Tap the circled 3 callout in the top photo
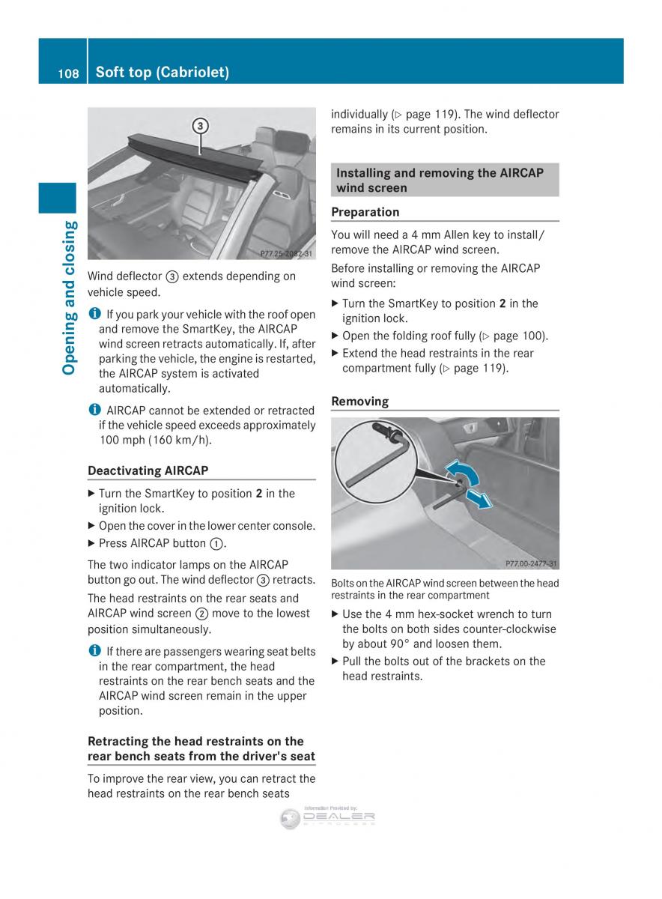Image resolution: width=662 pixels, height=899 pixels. pyautogui.click(x=200, y=127)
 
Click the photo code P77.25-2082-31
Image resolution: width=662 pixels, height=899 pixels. pyautogui.click(x=287, y=254)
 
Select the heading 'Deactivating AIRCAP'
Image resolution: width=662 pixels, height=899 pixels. pyautogui.click(x=148, y=470)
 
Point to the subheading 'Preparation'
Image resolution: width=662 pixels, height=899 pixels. pyautogui.click(x=365, y=212)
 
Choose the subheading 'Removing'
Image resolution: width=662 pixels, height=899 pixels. pyautogui.click(x=360, y=402)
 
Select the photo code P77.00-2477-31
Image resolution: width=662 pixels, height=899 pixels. pyautogui.click(x=531, y=563)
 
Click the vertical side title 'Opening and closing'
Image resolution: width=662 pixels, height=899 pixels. pyautogui.click(x=70, y=297)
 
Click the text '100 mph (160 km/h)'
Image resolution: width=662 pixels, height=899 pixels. pyautogui.click(x=155, y=440)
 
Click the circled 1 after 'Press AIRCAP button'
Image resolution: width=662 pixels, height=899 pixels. pyautogui.click(x=218, y=544)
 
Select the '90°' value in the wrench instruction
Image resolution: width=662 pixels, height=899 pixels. pyautogui.click(x=422, y=644)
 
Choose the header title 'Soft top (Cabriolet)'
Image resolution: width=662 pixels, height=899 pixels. pyautogui.click(x=163, y=73)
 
